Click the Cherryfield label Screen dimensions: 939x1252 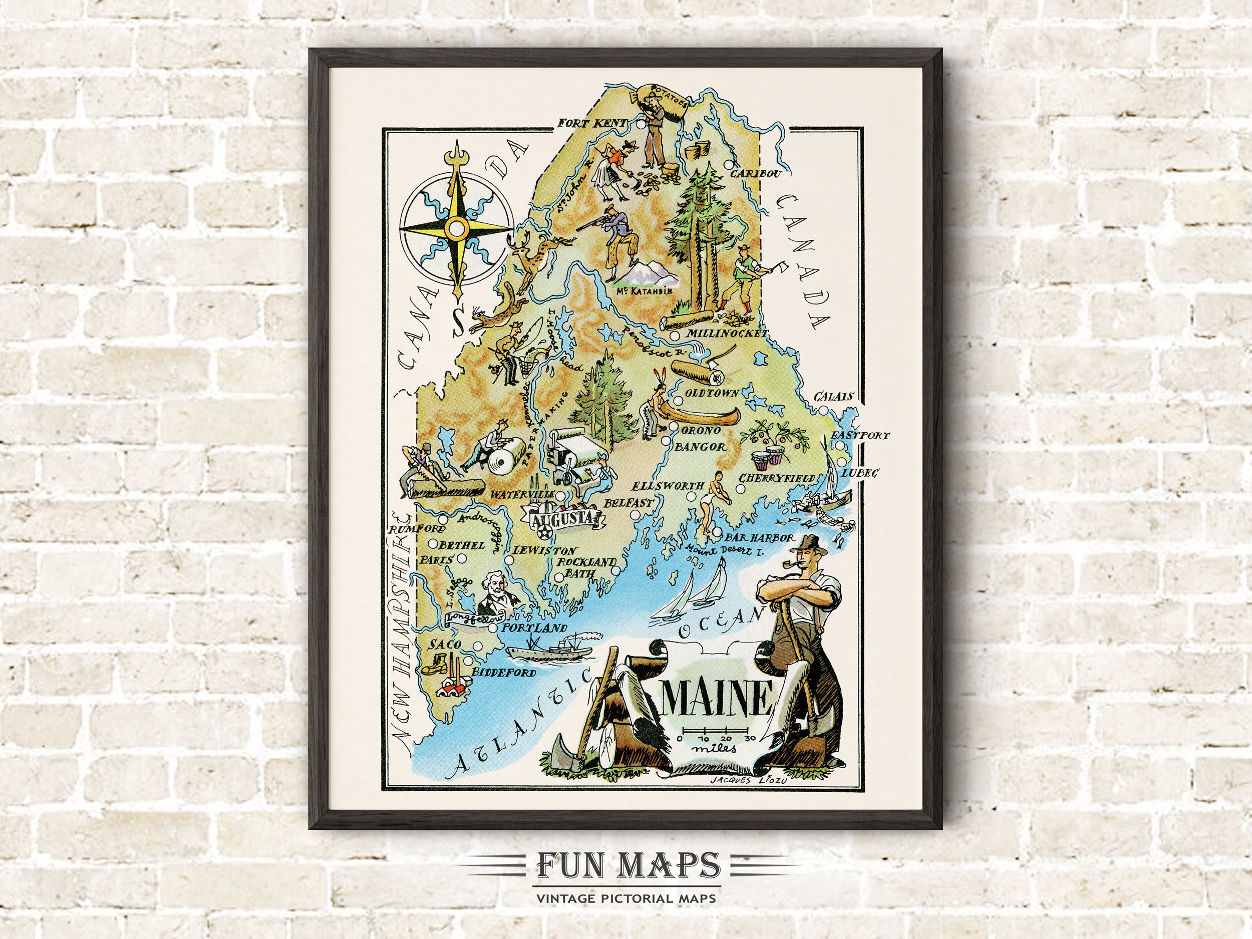(777, 479)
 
